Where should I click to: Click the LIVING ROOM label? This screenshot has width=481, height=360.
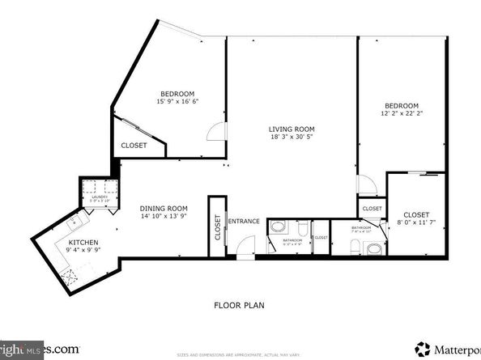[x=292, y=129]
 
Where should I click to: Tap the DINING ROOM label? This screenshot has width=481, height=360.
[x=163, y=208]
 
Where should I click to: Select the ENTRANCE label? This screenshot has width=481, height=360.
[x=244, y=221]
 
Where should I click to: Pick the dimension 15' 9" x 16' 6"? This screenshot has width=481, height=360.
[x=176, y=101]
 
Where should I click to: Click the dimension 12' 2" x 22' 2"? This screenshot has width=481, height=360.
[x=401, y=115]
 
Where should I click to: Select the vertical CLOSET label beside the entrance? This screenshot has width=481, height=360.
[x=217, y=227]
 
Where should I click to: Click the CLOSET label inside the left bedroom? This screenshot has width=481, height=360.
[x=134, y=146]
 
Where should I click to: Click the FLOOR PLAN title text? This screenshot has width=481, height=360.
[x=239, y=305]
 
